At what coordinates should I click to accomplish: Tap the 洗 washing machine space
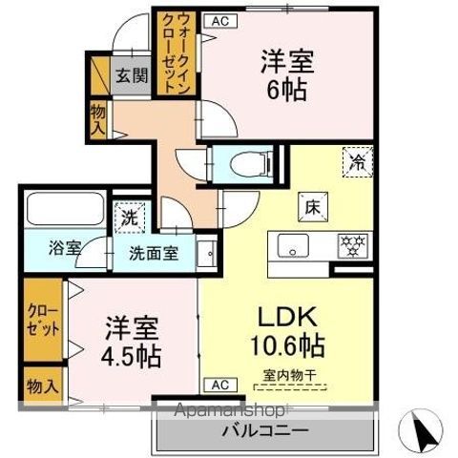(x=129, y=216)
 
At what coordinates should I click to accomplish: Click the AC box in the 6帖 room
(x=219, y=20)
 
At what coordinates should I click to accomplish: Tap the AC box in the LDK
(x=219, y=385)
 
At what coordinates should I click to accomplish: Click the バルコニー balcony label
(x=264, y=431)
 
